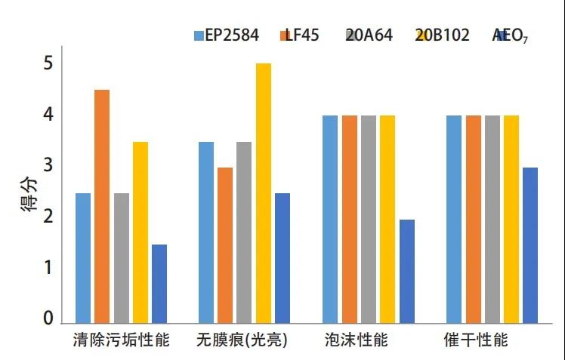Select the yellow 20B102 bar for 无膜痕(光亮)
[263, 193]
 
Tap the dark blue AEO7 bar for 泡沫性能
[406, 271]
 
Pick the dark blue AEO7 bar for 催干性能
[530, 245]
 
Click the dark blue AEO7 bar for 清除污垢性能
[159, 284]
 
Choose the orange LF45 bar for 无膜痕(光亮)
[225, 245]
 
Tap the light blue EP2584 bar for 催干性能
[454, 219]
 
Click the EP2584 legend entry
[226, 35]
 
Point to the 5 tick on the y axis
[48, 63]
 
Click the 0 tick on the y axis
[48, 319]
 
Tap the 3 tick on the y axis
[48, 166]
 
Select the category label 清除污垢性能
[122, 340]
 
